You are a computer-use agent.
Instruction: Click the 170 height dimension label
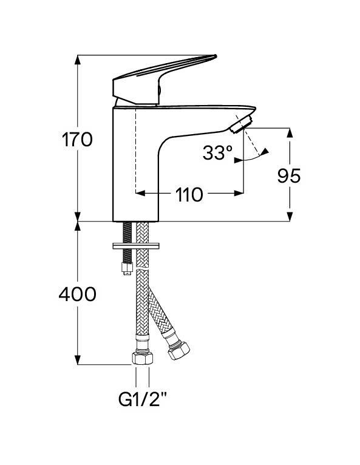pyautogui.click(x=77, y=140)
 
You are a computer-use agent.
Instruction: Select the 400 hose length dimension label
pyautogui.click(x=77, y=294)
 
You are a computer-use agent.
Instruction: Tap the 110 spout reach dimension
pyautogui.click(x=189, y=195)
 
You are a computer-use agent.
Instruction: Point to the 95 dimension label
pyautogui.click(x=289, y=176)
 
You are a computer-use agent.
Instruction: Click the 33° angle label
pyautogui.click(x=218, y=153)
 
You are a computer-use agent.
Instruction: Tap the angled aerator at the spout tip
pyautogui.click(x=241, y=124)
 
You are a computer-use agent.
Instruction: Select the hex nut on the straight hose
pyautogui.click(x=142, y=358)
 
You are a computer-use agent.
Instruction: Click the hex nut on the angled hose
pyautogui.click(x=178, y=351)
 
